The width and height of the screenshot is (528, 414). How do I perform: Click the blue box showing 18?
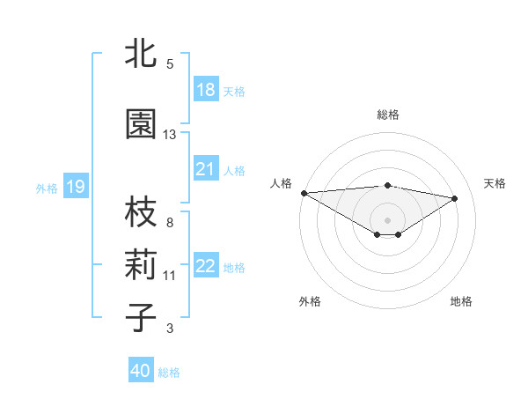point(206,90)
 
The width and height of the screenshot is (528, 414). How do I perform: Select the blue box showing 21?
point(206,169)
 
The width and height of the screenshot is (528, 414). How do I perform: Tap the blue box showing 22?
point(206,266)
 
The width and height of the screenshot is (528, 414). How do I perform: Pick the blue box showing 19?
point(75,187)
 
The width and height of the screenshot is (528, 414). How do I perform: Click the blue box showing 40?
point(141,371)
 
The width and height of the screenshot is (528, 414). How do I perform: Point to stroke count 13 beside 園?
point(170,135)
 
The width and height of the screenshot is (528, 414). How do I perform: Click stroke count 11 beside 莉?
point(170,276)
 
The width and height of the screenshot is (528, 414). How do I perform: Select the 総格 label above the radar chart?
point(388,115)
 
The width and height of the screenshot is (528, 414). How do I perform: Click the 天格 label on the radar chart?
point(495,183)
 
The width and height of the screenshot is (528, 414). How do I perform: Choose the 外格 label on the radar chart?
point(310,301)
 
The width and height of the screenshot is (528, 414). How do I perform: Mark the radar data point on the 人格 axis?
point(304,193)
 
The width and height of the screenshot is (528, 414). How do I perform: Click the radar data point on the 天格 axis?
point(455,198)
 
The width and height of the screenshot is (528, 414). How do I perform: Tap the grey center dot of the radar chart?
point(387,219)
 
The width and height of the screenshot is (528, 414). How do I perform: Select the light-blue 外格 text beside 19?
point(47,188)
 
